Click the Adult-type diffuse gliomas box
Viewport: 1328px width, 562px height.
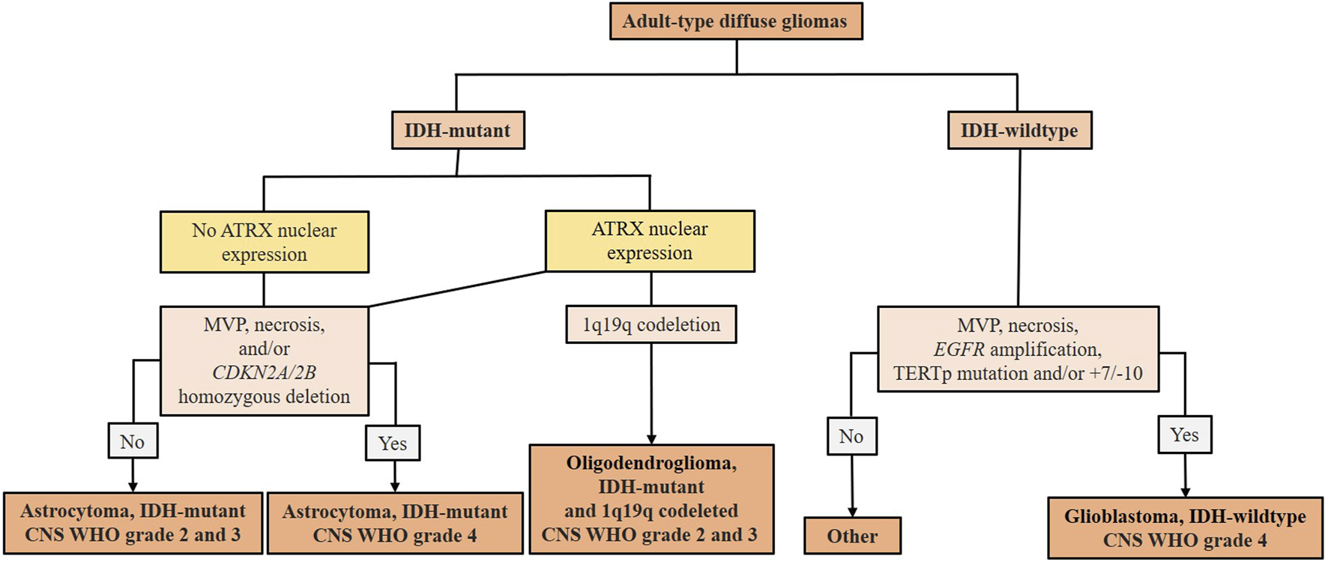click(735, 21)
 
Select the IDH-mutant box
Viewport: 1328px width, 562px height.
click(457, 130)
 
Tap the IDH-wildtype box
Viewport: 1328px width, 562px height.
click(1018, 130)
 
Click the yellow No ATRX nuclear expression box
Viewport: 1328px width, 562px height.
click(264, 241)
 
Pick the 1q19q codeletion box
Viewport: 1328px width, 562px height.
click(651, 324)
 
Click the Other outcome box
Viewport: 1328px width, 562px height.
click(851, 536)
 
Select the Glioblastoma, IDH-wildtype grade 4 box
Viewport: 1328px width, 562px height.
click(1184, 528)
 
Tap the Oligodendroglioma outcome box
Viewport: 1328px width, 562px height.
click(651, 499)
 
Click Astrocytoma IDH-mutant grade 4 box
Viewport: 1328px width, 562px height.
click(394, 523)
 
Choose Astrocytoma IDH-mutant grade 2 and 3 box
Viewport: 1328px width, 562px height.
click(133, 523)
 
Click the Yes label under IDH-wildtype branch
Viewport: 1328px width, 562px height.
click(1184, 435)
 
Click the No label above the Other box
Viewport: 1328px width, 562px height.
click(851, 436)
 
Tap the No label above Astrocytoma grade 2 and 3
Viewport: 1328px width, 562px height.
click(133, 442)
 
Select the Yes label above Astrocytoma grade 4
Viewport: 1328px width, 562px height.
click(393, 443)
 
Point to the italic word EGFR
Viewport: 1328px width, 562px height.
click(959, 350)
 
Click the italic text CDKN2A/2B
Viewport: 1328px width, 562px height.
click(264, 372)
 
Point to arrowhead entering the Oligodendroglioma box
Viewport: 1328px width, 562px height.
click(651, 439)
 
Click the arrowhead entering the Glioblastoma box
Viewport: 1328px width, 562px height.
click(1185, 492)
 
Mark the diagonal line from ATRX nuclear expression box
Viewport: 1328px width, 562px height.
click(457, 288)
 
